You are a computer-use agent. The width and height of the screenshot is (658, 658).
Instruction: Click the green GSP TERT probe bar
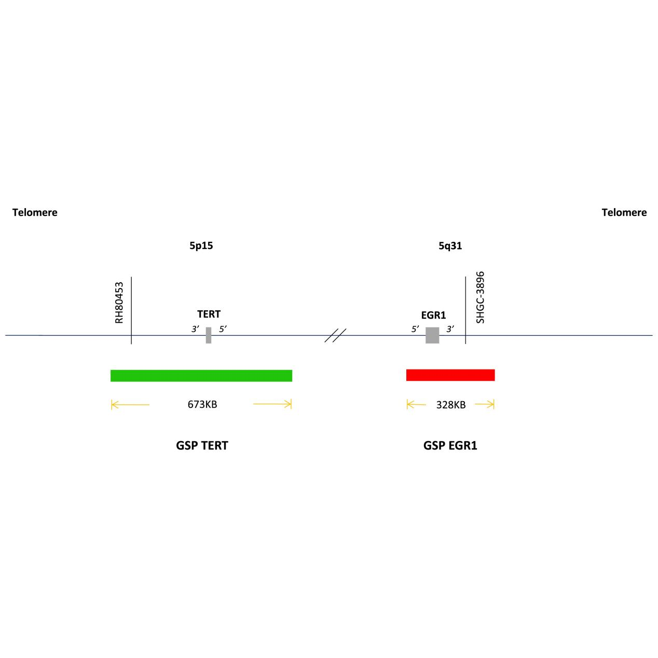tap(201, 376)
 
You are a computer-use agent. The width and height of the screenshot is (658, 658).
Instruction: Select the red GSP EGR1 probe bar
tap(450, 375)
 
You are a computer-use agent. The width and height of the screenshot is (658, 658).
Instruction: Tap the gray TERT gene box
tap(209, 335)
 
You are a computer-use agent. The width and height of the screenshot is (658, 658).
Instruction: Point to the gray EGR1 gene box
tap(432, 335)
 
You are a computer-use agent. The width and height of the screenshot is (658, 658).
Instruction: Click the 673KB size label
tap(202, 404)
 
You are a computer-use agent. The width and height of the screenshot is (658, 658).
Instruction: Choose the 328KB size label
tap(451, 405)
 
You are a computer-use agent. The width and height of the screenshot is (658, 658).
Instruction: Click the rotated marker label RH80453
tap(119, 303)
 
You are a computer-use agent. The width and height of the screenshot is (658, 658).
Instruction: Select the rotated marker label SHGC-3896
tap(480, 297)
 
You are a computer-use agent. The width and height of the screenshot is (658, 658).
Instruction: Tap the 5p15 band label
tap(201, 245)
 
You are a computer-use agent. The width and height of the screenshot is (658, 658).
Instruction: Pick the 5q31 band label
tap(450, 245)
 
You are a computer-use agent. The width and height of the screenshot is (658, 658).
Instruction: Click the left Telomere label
tap(35, 212)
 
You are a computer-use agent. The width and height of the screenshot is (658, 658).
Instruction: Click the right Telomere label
tap(624, 212)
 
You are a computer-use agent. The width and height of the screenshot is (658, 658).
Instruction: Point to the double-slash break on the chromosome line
tap(335, 335)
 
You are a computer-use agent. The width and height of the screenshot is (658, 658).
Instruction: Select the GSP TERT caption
tap(202, 446)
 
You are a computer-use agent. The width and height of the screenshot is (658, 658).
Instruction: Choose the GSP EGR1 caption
tap(450, 446)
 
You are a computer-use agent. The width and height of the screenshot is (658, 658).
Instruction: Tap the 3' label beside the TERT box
tap(195, 329)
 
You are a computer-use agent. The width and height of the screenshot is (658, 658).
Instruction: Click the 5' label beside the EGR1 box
tap(415, 329)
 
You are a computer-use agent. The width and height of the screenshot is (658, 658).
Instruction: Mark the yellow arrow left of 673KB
tap(130, 405)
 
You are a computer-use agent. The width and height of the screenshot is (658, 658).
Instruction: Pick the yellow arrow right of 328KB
tap(485, 405)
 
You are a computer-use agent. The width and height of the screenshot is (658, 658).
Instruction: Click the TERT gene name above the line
tap(209, 314)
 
